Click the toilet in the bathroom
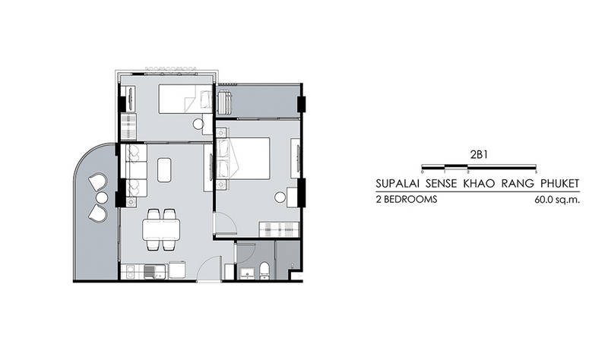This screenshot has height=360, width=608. (x=264, y=270)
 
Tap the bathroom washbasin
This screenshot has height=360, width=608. (x=246, y=273)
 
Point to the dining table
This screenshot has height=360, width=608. (x=161, y=229)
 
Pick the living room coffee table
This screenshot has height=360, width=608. (x=164, y=169)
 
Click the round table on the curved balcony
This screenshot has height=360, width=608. (x=101, y=197)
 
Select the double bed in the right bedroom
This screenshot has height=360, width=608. (x=242, y=159)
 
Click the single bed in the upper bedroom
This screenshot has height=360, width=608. (x=185, y=99)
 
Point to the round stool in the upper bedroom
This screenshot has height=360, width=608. (x=198, y=124)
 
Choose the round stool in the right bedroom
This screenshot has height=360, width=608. (x=280, y=197)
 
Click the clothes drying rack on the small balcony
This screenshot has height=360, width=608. (x=224, y=102)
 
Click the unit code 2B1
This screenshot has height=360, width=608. (x=479, y=155)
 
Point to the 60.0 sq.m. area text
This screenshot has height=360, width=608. (x=557, y=200)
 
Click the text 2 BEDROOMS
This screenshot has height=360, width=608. (x=407, y=200)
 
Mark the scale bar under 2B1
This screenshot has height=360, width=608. (x=479, y=166)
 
